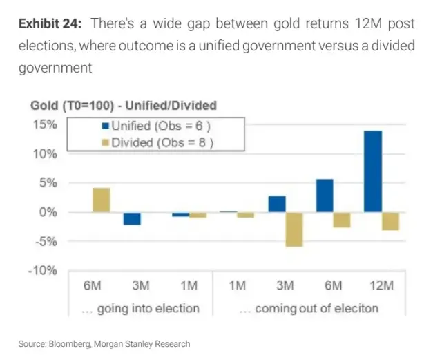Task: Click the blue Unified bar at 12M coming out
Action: click(x=373, y=171)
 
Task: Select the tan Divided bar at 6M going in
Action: click(x=101, y=200)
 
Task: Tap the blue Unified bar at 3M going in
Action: click(x=133, y=218)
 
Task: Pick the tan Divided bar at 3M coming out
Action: click(x=295, y=229)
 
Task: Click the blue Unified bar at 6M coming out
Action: click(x=325, y=196)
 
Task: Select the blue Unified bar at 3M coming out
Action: click(x=277, y=204)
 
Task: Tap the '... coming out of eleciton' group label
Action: click(x=309, y=308)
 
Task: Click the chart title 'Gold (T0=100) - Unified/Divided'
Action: click(x=124, y=106)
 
